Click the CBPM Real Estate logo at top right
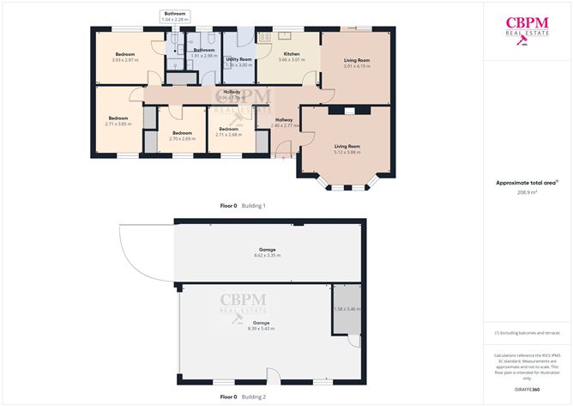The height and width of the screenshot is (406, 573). coord(527,29)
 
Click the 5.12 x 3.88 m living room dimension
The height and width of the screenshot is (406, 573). coord(347,152)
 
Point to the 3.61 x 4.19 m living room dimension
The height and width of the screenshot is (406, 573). coord(357,66)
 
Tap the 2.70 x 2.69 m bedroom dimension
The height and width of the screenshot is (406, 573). coord(183,138)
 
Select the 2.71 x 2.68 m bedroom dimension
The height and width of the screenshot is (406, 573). coord(232,135)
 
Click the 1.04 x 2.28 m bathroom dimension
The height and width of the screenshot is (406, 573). coord(175,19)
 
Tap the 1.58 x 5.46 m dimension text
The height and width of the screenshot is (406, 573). coord(347,309)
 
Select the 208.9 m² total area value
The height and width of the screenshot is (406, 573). coord(527,193)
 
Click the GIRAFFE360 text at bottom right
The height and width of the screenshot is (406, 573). coord(527,389)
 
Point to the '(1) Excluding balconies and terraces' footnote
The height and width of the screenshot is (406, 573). coord(527,333)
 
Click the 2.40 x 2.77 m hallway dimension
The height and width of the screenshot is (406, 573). coord(283,126)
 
